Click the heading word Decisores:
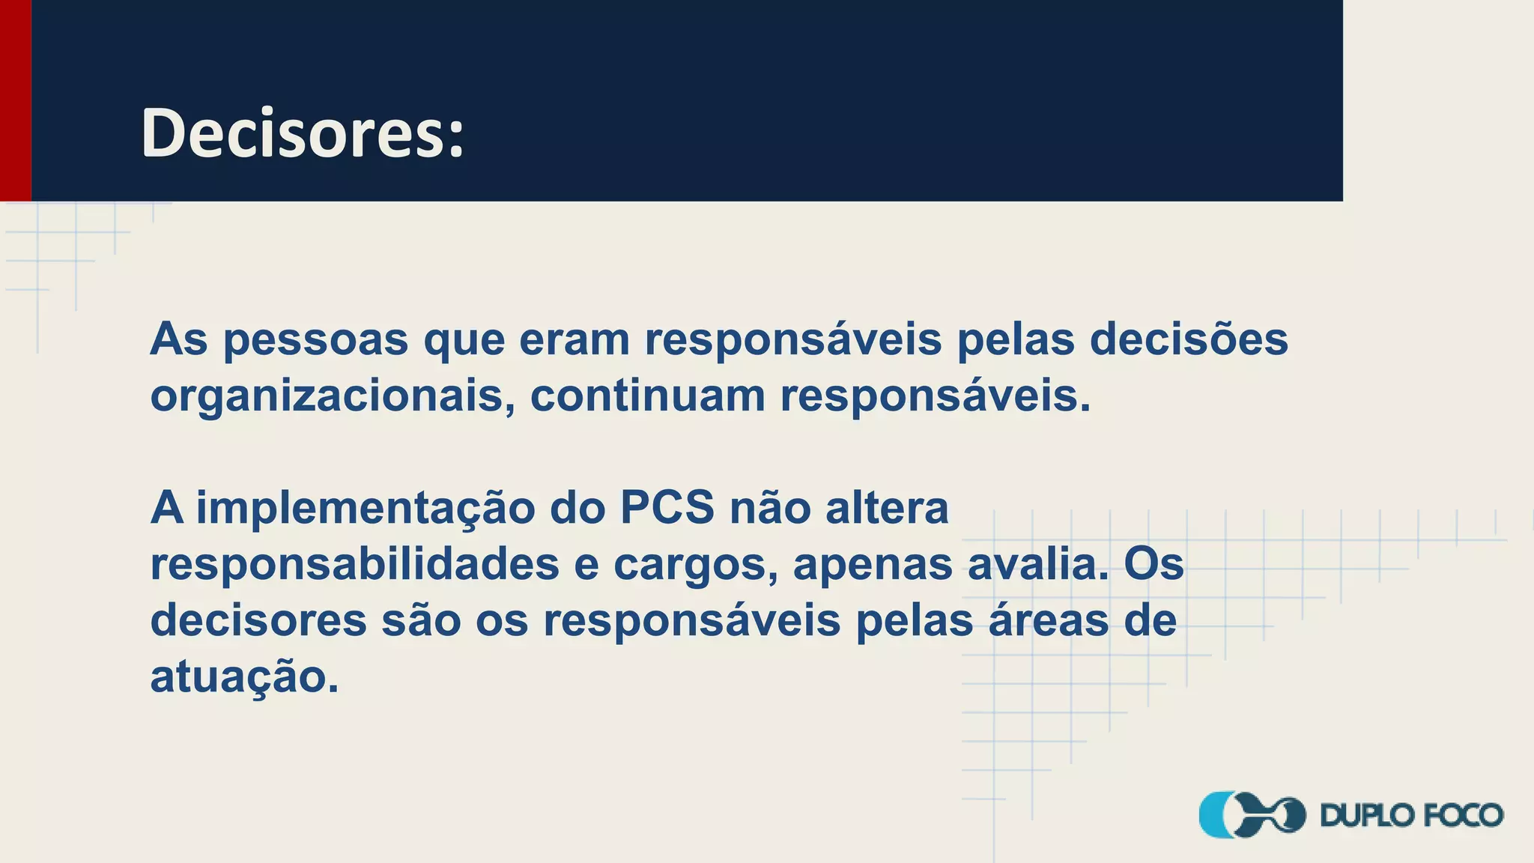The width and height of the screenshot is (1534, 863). (303, 133)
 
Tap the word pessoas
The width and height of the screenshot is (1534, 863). (315, 340)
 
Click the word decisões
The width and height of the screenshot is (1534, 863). (1189, 339)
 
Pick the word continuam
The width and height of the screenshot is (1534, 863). (647, 396)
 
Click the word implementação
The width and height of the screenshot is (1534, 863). (366, 509)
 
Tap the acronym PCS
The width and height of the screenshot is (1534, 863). (667, 508)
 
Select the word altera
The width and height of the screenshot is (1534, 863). (887, 508)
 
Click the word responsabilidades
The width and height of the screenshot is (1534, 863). (354, 565)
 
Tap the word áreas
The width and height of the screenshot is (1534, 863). (1049, 620)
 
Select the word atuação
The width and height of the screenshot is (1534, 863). (244, 678)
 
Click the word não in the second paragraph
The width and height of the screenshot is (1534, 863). (770, 508)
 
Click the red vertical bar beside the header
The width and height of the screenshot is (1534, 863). (15, 100)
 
